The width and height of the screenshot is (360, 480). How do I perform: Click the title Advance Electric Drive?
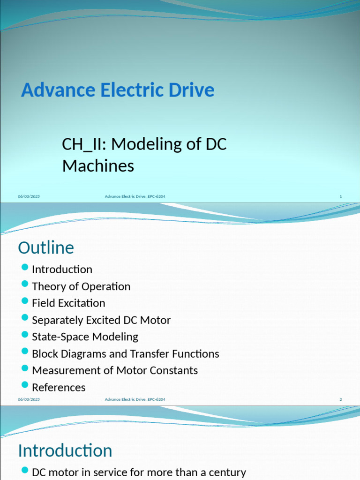pyautogui.click(x=118, y=90)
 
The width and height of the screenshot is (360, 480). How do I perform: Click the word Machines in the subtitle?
pyautogui.click(x=98, y=165)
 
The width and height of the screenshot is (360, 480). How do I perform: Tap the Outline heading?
pyautogui.click(x=46, y=247)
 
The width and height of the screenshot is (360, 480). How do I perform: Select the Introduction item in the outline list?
pyautogui.click(x=62, y=270)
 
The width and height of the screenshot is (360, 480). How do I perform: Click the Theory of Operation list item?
pyautogui.click(x=81, y=286)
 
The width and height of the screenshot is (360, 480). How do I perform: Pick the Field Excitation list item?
pyautogui.click(x=68, y=303)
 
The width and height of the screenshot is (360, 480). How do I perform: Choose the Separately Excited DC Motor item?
pyautogui.click(x=101, y=320)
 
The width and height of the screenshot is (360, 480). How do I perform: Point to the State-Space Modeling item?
pyautogui.click(x=85, y=337)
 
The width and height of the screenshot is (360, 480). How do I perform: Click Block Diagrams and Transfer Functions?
pyautogui.click(x=125, y=354)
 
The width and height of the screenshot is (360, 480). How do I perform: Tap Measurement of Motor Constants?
pyautogui.click(x=115, y=370)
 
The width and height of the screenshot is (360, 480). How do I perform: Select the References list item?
pyautogui.click(x=59, y=387)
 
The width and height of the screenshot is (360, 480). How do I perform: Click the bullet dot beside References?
pyautogui.click(x=25, y=385)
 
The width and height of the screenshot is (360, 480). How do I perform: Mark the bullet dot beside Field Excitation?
pyautogui.click(x=25, y=301)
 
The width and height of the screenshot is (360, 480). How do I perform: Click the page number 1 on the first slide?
pyautogui.click(x=341, y=196)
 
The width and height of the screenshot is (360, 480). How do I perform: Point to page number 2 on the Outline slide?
pyautogui.click(x=341, y=399)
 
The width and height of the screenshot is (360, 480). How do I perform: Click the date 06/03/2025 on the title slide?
pyautogui.click(x=29, y=196)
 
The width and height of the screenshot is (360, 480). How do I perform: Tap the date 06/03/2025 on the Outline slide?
pyautogui.click(x=29, y=399)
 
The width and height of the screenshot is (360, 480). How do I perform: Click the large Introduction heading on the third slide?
pyautogui.click(x=65, y=451)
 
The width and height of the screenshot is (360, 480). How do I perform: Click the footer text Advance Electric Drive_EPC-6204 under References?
pyautogui.click(x=135, y=399)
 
